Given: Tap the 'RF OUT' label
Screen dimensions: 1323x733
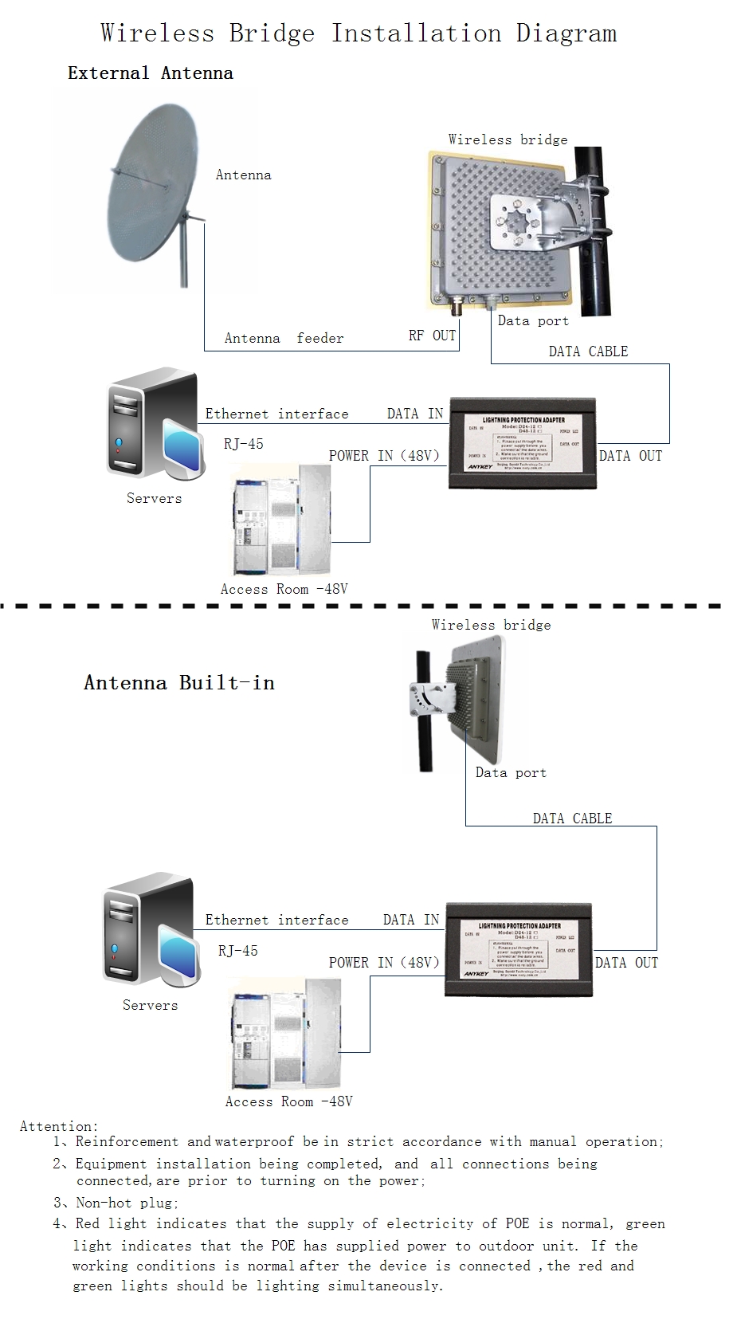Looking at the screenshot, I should pyautogui.click(x=432, y=336).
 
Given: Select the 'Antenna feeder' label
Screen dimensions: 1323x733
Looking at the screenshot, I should pyautogui.click(x=284, y=339).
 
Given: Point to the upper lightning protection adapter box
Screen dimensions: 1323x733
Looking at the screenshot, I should pyautogui.click(x=522, y=442).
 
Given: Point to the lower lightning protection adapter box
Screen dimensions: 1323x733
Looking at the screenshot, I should pyautogui.click(x=518, y=948).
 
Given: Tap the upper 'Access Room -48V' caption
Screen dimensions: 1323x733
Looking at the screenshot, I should pyautogui.click(x=284, y=589).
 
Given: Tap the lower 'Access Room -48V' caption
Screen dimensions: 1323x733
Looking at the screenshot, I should pyautogui.click(x=288, y=1101).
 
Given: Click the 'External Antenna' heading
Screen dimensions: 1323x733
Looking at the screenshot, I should pyautogui.click(x=151, y=73).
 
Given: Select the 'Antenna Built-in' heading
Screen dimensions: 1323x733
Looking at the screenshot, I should pyautogui.click(x=179, y=683).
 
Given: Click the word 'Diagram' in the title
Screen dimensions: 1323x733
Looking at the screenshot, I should pyautogui.click(x=566, y=33).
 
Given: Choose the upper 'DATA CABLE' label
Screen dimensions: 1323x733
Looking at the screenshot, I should pyautogui.click(x=588, y=351).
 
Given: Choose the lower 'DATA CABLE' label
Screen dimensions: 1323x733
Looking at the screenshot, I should pyautogui.click(x=572, y=819).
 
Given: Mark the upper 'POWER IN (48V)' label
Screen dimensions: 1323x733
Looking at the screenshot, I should pyautogui.click(x=384, y=456).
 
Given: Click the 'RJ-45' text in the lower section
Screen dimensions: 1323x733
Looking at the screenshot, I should pyautogui.click(x=238, y=951).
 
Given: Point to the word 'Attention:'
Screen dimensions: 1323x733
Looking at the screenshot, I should pyautogui.click(x=59, y=1126).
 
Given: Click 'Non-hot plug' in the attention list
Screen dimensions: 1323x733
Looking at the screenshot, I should pyautogui.click(x=127, y=1203).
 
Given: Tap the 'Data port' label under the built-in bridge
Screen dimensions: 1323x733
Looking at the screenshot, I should pyautogui.click(x=511, y=772).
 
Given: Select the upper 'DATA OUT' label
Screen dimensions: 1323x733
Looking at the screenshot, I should pyautogui.click(x=630, y=456).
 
